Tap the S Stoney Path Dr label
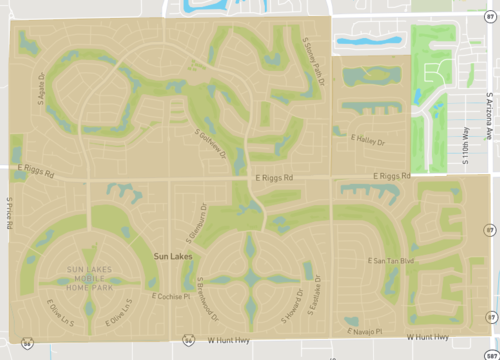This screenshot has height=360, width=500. (x=314, y=55)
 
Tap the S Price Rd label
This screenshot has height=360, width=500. (x=8, y=210)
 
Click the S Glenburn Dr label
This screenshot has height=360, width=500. (x=193, y=225)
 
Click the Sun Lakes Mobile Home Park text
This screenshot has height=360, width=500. (x=85, y=276)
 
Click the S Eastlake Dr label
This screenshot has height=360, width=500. (x=314, y=293)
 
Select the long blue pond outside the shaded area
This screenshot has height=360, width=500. (x=370, y=43)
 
